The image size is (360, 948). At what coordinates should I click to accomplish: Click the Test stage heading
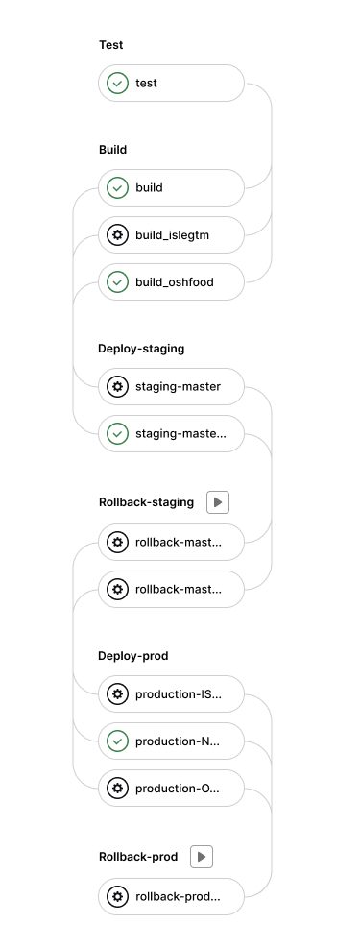[111, 45]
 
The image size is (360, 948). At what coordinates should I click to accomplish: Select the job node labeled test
[171, 84]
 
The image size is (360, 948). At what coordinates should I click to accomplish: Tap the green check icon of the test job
[117, 84]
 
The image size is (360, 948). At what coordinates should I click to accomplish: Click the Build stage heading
[113, 150]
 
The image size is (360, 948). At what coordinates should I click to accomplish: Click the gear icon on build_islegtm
[117, 234]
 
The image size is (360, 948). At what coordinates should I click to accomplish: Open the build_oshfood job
[171, 281]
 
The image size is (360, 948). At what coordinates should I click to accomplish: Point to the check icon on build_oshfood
[117, 281]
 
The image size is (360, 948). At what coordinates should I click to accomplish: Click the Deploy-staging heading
[141, 349]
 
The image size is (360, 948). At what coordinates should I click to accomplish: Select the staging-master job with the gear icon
[171, 386]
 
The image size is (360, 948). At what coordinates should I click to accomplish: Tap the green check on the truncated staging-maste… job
[117, 433]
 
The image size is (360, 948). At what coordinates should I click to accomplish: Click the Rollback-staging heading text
[146, 502]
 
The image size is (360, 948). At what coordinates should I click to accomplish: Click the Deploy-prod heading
[134, 656]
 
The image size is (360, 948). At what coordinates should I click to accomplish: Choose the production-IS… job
[171, 693]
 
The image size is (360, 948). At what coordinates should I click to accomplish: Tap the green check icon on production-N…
[117, 741]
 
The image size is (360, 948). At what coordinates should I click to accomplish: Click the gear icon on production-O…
[117, 788]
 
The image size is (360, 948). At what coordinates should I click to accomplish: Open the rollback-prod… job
[171, 896]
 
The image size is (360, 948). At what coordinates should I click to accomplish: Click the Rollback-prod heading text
[138, 856]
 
